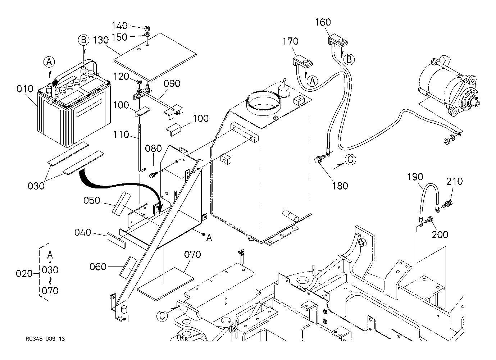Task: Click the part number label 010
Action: click(x=25, y=89)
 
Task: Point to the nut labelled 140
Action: click(x=147, y=28)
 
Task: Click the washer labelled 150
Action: click(x=147, y=35)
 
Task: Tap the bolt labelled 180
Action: click(x=319, y=159)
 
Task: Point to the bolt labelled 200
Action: click(x=429, y=219)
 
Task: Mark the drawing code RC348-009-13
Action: click(x=45, y=339)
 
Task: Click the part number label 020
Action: click(x=24, y=274)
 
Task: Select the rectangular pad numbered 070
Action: click(x=165, y=283)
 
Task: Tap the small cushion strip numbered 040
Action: click(x=115, y=240)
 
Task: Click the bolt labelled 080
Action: click(x=153, y=175)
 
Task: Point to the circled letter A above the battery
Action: click(x=50, y=62)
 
